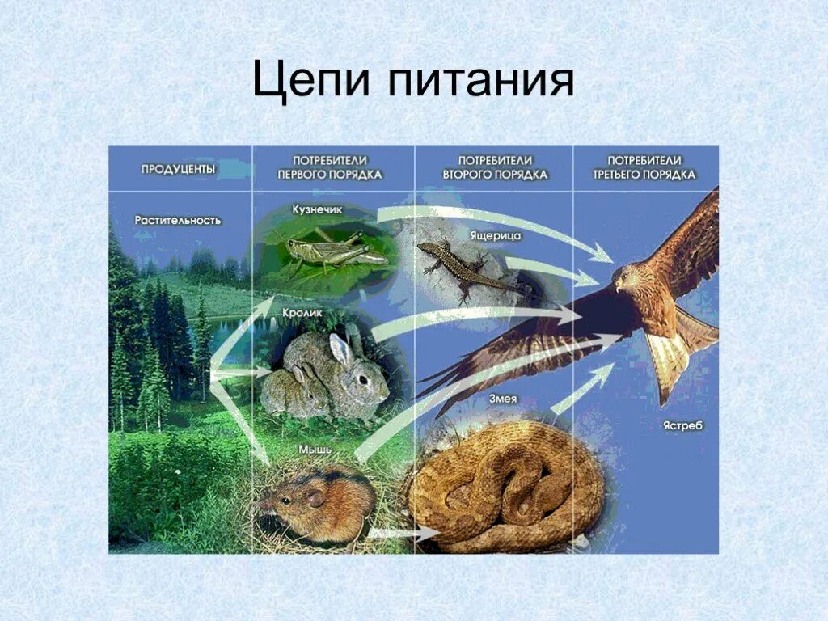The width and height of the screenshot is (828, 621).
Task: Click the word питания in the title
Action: coord(478,82)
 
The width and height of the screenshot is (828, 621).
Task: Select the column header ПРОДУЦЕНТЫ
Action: coord(178,169)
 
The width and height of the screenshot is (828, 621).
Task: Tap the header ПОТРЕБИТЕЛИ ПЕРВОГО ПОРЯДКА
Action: coord(330,167)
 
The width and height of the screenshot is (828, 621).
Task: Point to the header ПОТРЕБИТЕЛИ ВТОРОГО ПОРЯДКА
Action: coord(494,167)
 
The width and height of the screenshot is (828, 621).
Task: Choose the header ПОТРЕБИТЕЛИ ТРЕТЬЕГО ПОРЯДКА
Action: coord(644,167)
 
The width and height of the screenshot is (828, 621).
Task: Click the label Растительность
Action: coord(178,220)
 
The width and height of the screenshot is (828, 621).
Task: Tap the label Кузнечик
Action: coord(318,209)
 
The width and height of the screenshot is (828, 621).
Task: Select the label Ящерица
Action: coord(495,235)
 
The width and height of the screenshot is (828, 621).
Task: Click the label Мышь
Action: coord(315,450)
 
